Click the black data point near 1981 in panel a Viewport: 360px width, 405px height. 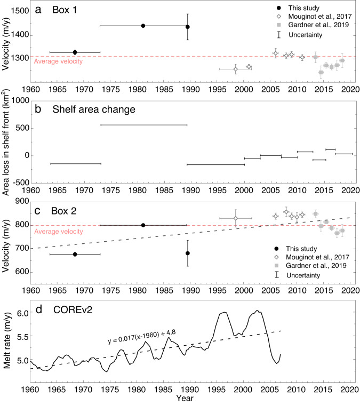[x=143, y=26]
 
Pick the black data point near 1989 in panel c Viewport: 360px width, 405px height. [x=188, y=253]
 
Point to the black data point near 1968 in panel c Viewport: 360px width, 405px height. [x=75, y=254]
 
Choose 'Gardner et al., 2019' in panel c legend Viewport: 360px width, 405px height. [x=315, y=265]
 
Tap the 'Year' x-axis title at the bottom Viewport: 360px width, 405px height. [x=186, y=398]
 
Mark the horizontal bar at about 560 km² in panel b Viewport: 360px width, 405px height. [x=143, y=125]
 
